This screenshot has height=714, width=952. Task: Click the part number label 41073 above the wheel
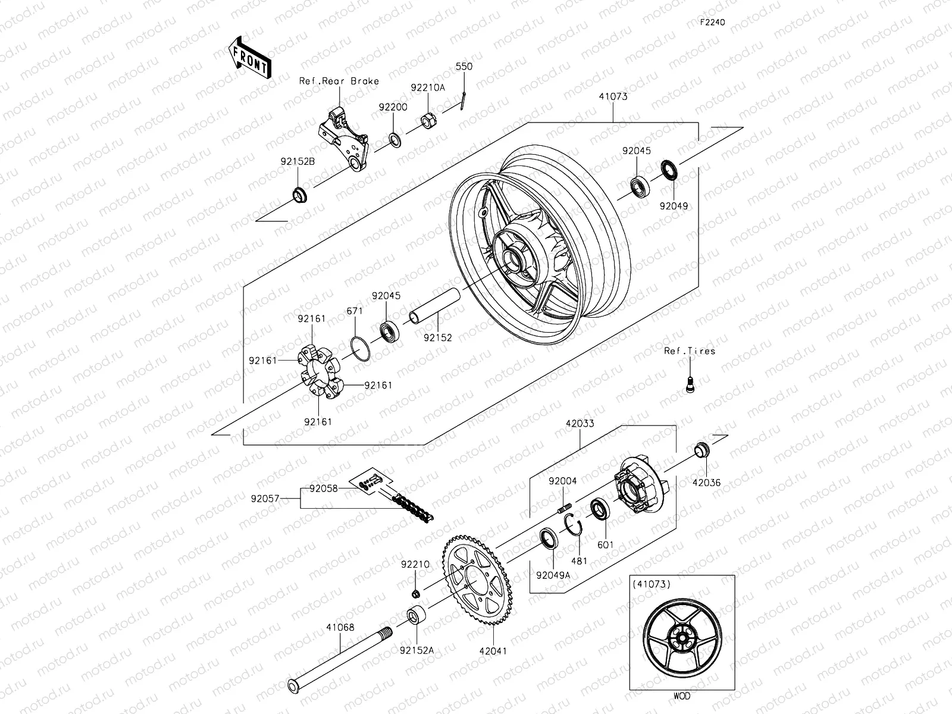pyautogui.click(x=613, y=96)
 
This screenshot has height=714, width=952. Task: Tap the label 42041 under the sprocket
pyautogui.click(x=493, y=651)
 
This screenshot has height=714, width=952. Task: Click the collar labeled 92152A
pyautogui.click(x=416, y=616)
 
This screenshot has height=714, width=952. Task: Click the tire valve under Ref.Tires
pyautogui.click(x=690, y=384)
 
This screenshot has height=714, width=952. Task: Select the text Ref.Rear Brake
pyautogui.click(x=339, y=81)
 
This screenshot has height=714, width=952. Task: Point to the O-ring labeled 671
pyautogui.click(x=359, y=348)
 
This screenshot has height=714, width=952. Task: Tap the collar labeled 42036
pyautogui.click(x=703, y=450)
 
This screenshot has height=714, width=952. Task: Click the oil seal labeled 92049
pyautogui.click(x=670, y=170)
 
